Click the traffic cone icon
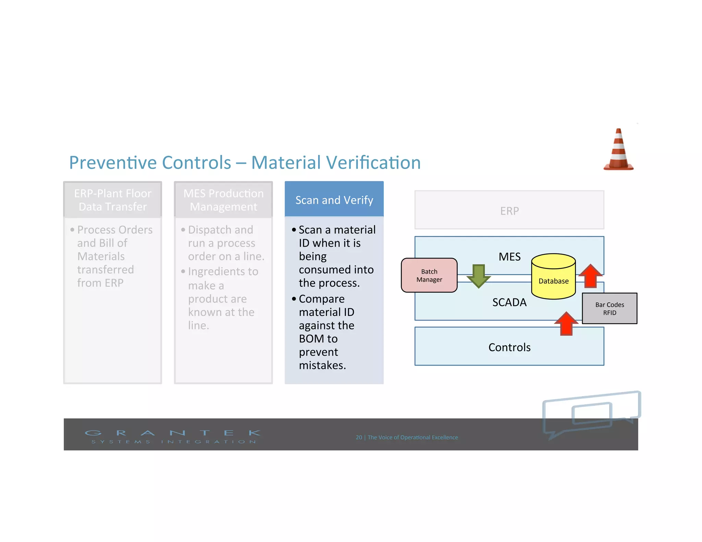pyautogui.click(x=618, y=151)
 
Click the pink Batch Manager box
pyautogui.click(x=429, y=275)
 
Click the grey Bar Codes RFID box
pyautogui.click(x=609, y=308)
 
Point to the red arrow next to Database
pyautogui.click(x=590, y=275)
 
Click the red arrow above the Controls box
pyautogui.click(x=566, y=323)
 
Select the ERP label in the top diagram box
pyautogui.click(x=509, y=211)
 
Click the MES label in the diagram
pyautogui.click(x=509, y=257)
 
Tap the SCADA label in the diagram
pyautogui.click(x=509, y=302)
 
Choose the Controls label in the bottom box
pyautogui.click(x=509, y=347)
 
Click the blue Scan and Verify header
pyautogui.click(x=334, y=200)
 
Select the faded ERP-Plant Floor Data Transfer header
pyautogui.click(x=112, y=200)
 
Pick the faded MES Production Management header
pyautogui.click(x=223, y=200)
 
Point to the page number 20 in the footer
pyautogui.click(x=359, y=438)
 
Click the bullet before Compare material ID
pyautogui.click(x=294, y=299)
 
